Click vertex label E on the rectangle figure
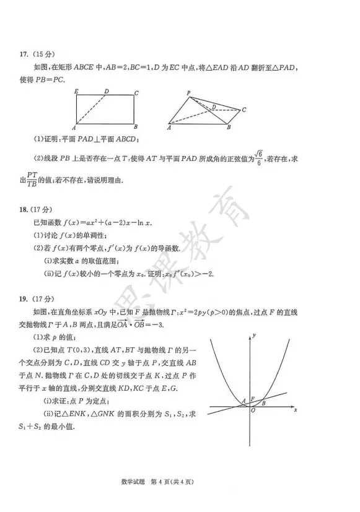(x=76, y=92)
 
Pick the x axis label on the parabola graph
(x=296, y=410)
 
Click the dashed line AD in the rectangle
(x=90, y=109)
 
